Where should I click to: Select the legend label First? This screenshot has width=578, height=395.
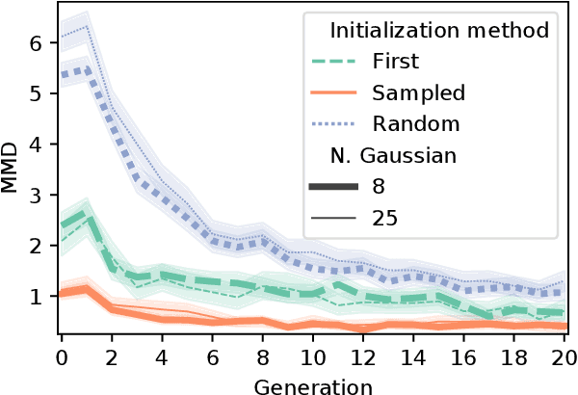tap(396, 62)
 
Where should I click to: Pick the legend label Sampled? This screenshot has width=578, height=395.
tap(419, 93)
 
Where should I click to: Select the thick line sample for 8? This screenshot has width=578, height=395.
tap(336, 187)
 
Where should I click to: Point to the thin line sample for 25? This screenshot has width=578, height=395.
tap(336, 219)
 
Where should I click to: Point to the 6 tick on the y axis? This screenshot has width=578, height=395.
tap(36, 43)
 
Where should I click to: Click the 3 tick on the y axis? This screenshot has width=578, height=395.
tap(36, 196)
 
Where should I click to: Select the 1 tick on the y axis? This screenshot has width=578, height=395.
tap(36, 297)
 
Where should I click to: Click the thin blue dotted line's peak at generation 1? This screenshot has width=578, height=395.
tap(87, 26)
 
